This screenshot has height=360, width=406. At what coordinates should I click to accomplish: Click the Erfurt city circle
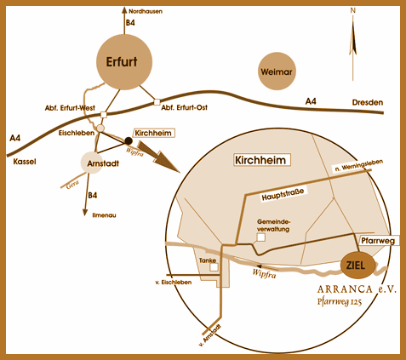(124, 62)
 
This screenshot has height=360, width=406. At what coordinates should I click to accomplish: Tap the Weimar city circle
(277, 71)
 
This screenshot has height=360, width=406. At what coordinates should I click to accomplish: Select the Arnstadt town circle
(92, 163)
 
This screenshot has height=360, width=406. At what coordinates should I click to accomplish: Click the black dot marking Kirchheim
(129, 140)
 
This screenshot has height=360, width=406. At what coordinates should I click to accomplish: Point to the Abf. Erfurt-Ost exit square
(157, 102)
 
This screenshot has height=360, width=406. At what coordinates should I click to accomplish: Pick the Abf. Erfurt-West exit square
(104, 114)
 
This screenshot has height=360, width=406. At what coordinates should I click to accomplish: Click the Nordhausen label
(146, 12)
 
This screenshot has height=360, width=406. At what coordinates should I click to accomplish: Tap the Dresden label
(368, 102)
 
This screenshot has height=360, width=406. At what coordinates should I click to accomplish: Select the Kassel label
(25, 162)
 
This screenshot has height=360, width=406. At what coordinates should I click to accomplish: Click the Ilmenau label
(104, 215)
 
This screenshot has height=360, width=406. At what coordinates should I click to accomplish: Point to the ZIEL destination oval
(357, 266)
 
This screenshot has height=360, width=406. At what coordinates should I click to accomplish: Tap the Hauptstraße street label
(283, 195)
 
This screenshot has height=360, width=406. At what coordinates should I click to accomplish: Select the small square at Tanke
(214, 267)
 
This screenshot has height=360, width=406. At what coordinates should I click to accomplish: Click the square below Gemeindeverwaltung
(261, 237)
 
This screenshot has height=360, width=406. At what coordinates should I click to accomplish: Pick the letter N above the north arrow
(352, 10)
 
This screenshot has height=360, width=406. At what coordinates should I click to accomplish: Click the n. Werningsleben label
(359, 165)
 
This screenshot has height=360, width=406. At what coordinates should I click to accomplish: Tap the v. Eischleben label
(174, 283)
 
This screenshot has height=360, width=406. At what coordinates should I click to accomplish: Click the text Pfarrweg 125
(340, 301)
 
